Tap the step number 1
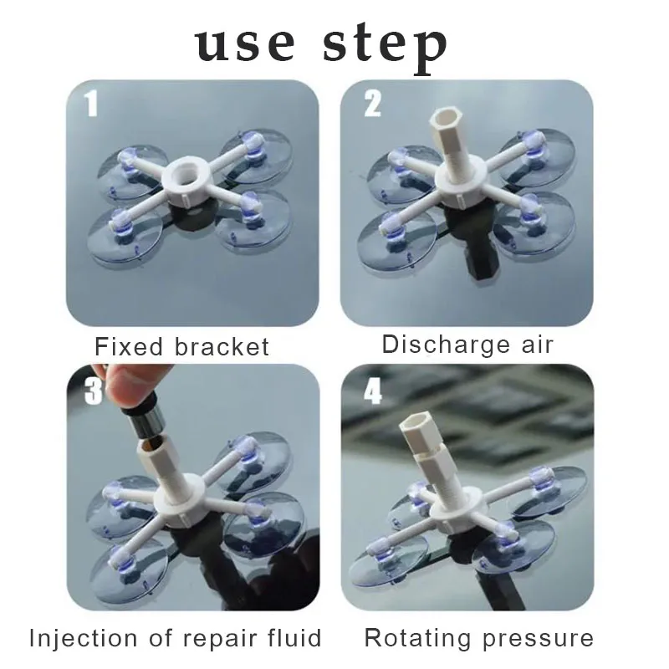tap(90, 105)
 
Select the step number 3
tap(93, 391)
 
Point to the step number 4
tap(372, 391)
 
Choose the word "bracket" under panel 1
tap(222, 346)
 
